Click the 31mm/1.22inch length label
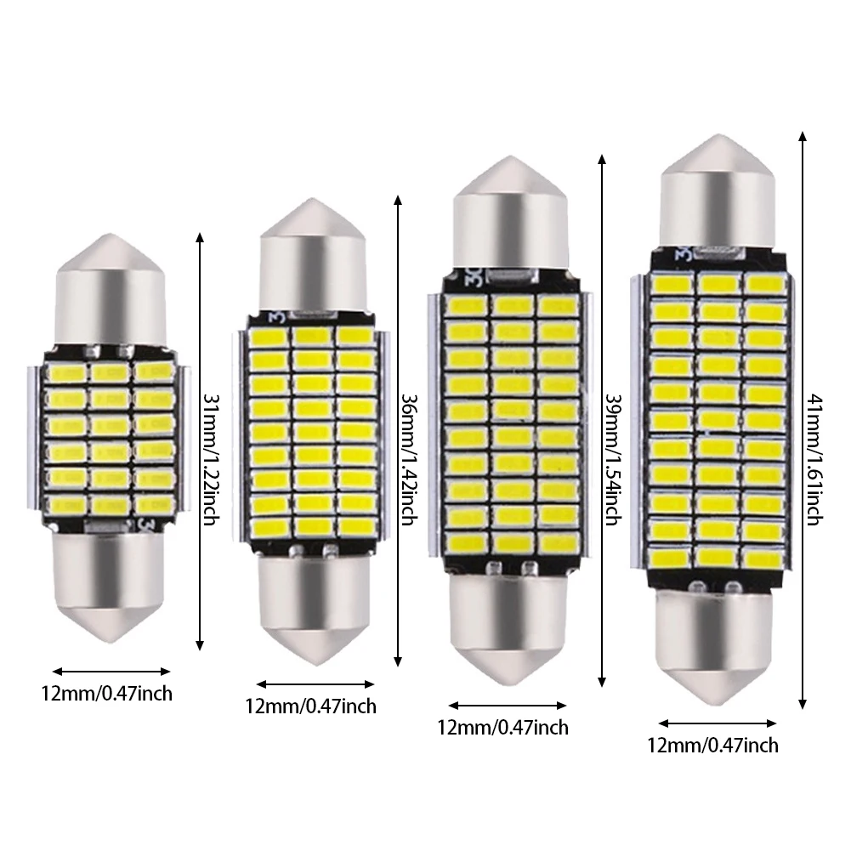click(x=211, y=458)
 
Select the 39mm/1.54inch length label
click(x=613, y=459)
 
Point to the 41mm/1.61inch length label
click(x=814, y=460)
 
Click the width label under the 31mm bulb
click(x=107, y=694)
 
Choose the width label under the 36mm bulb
click(x=310, y=706)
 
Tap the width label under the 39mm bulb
click(x=503, y=727)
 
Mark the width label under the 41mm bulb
click(x=712, y=746)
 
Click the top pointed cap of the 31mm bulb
click(x=111, y=291)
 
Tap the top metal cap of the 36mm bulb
click(x=312, y=256)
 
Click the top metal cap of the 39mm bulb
click(x=510, y=214)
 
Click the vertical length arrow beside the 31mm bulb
click(x=200, y=440)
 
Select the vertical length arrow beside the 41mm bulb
click(x=803, y=420)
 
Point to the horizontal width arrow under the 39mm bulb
click(x=508, y=706)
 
